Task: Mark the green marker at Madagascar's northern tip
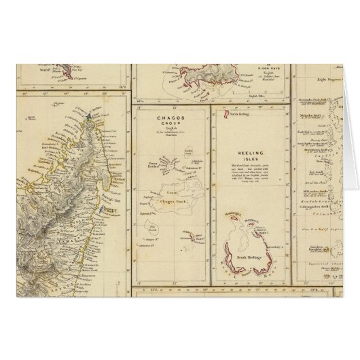pos(89,117)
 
